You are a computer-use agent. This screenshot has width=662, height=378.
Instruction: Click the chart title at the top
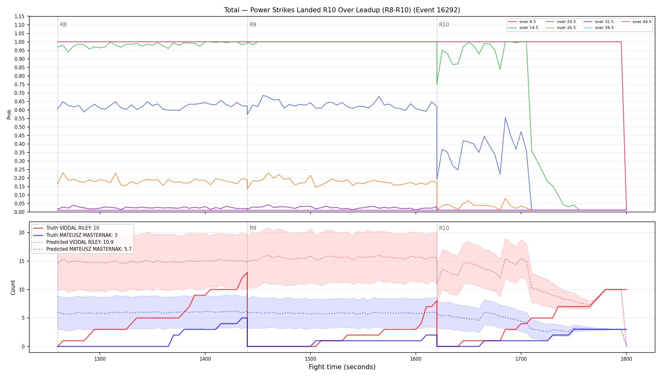click(342, 10)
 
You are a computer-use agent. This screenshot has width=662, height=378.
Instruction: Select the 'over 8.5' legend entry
click(522, 22)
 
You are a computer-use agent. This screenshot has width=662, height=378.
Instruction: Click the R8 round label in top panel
click(63, 25)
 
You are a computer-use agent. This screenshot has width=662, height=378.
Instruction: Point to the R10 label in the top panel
click(444, 25)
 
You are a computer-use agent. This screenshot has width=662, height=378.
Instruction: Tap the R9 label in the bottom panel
click(253, 228)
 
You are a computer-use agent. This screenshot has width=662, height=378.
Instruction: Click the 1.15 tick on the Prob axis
click(20, 16)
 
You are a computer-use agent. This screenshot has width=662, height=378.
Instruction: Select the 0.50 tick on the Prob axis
click(20, 127)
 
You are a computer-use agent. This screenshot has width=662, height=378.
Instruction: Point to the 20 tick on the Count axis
click(22, 233)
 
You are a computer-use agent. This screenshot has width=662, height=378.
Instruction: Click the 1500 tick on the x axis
click(311, 358)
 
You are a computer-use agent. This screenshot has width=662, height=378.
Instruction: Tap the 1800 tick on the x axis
click(626, 358)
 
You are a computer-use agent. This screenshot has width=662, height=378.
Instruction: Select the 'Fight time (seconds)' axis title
click(342, 367)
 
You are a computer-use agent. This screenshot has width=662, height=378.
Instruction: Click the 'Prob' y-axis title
click(9, 114)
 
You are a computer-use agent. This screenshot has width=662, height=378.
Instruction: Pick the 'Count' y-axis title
click(13, 287)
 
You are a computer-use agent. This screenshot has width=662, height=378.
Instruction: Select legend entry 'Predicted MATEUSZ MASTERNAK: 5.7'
click(82, 249)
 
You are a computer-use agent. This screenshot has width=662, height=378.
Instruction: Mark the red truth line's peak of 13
click(247, 272)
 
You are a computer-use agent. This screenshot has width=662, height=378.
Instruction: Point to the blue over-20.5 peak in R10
click(505, 117)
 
